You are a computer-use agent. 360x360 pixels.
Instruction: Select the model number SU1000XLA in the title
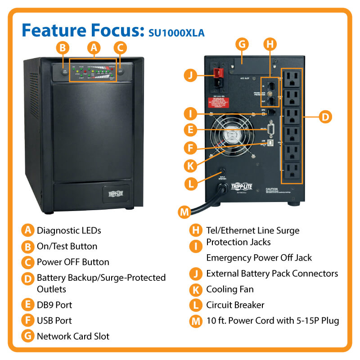tap(177, 33)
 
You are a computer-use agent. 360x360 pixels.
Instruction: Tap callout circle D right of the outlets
tap(325, 117)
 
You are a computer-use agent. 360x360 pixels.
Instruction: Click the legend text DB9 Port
tap(54, 305)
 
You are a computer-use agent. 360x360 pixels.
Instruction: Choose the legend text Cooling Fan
tap(229, 289)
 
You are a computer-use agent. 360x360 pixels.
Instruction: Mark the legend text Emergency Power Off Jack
tap(259, 258)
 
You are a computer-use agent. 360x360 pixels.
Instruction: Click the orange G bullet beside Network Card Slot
tap(28, 336)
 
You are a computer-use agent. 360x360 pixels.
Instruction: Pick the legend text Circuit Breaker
tap(235, 305)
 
